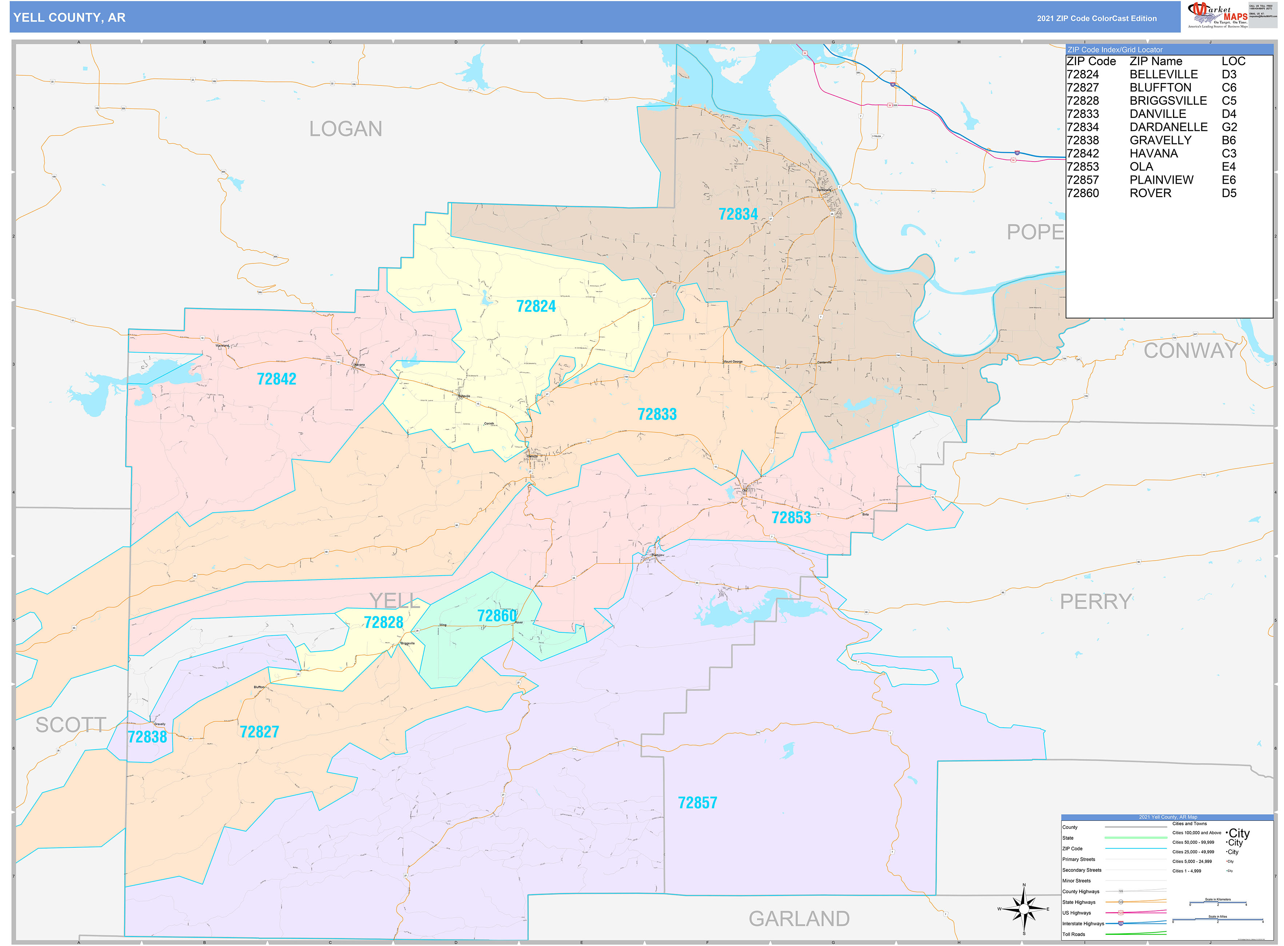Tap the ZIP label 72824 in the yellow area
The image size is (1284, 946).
point(536,306)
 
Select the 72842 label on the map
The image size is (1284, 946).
point(276,379)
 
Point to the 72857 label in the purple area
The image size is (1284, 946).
point(697,803)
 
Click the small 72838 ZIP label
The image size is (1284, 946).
point(147,737)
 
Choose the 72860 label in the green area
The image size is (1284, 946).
point(497,616)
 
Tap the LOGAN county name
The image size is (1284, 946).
point(345,129)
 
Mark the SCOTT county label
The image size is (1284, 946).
point(71,725)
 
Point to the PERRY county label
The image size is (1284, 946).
point(1095,602)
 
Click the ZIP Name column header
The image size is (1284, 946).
point(1155,61)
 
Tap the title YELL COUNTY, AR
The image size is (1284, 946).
point(69,18)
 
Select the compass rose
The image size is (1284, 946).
point(1023,909)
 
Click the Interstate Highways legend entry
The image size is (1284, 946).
point(1082,924)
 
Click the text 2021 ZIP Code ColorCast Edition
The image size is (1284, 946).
point(1096,18)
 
